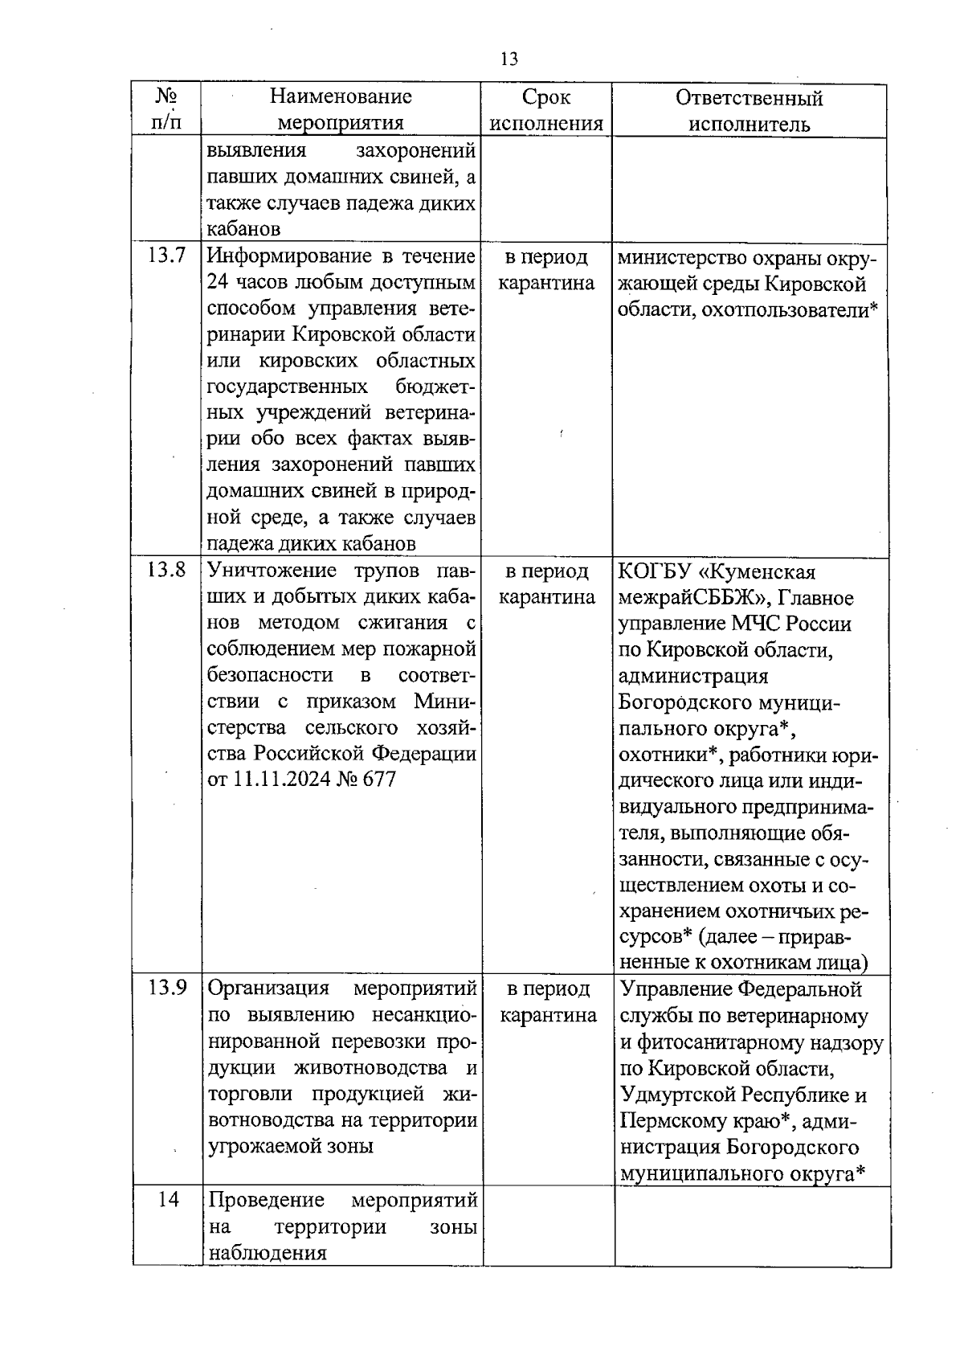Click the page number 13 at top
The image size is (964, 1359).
pyautogui.click(x=509, y=59)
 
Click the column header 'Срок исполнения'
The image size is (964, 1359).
pyautogui.click(x=546, y=110)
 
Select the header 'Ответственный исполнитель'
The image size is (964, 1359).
pyautogui.click(x=749, y=111)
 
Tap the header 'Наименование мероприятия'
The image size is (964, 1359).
pyautogui.click(x=341, y=109)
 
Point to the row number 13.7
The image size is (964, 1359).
pyautogui.click(x=166, y=256)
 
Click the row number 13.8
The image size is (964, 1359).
pyautogui.click(x=166, y=571)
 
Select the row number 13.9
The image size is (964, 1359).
pyautogui.click(x=166, y=989)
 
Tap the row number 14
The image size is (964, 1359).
pyautogui.click(x=168, y=1200)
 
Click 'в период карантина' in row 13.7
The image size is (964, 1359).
pyautogui.click(x=546, y=270)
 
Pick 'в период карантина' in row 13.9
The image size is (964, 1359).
pyautogui.click(x=548, y=1002)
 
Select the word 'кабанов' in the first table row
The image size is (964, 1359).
pyautogui.click(x=243, y=229)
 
